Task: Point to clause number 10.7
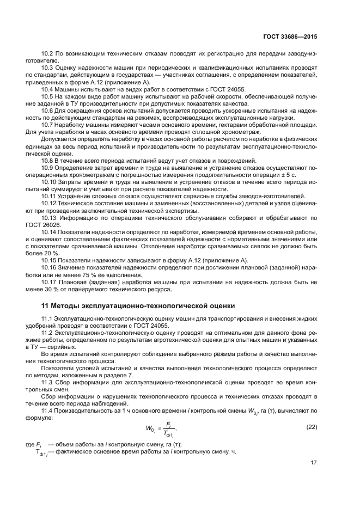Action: pos(48,125)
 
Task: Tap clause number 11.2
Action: pos(48,332)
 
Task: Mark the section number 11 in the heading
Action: pos(46,305)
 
